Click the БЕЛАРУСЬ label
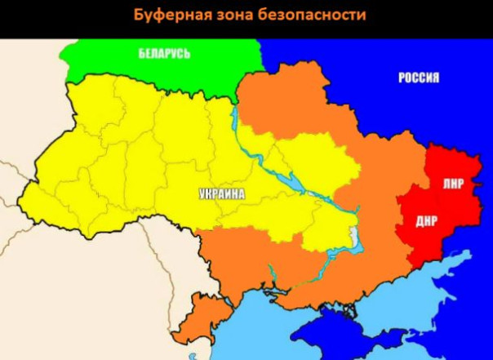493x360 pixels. [163, 54]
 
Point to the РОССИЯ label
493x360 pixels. [419, 78]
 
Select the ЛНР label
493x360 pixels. [453, 183]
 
